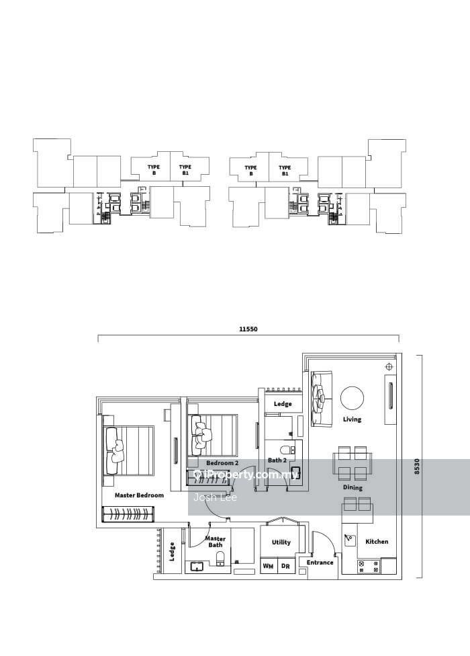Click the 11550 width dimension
[248, 329]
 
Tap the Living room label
[352, 419]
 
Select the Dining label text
[352, 487]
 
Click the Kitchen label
[377, 542]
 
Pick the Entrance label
[320, 563]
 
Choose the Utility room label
[281, 542]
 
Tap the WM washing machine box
[268, 567]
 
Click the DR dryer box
[285, 567]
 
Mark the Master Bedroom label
[139, 495]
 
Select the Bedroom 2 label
[222, 463]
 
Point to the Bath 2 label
[277, 460]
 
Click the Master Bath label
[215, 542]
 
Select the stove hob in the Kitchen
[369, 566]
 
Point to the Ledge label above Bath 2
[283, 404]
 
